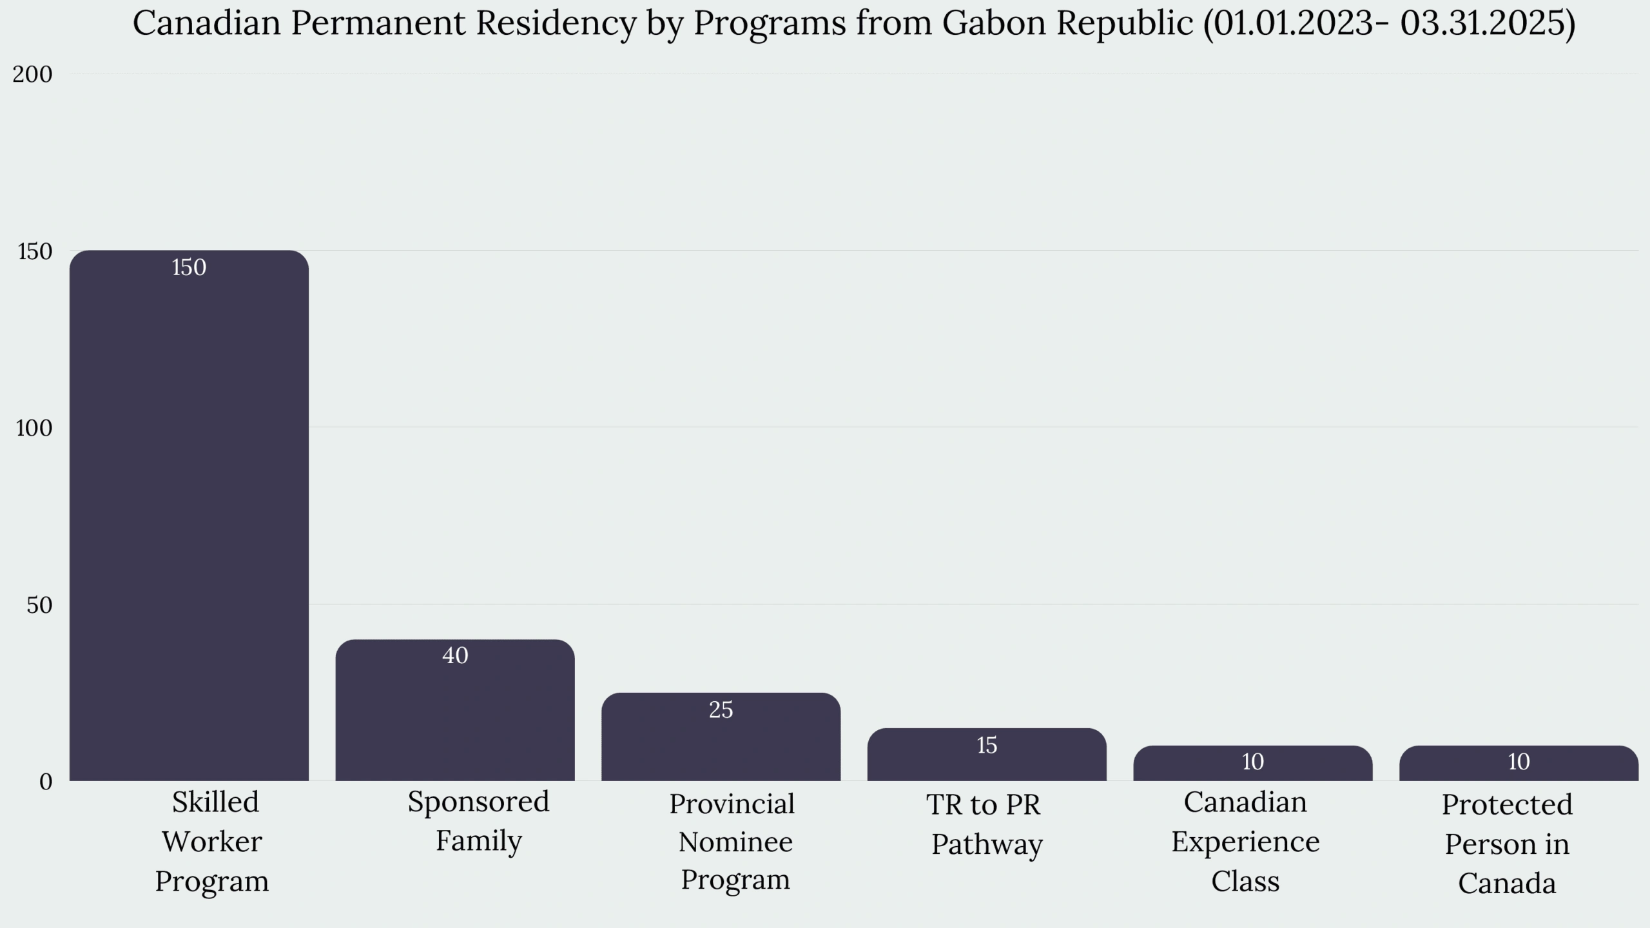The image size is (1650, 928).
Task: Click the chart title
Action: point(854,23)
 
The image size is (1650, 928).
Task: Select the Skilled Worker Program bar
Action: point(189,516)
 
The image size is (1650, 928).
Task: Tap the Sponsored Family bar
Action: point(455,710)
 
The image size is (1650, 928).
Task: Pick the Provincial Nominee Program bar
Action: point(721,737)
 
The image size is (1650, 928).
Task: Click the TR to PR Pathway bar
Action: point(987,755)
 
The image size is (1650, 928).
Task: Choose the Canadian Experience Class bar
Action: point(1253,763)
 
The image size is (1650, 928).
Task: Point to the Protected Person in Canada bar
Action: point(1519,763)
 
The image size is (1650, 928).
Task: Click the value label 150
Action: point(189,267)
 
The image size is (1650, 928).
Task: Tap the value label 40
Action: point(455,656)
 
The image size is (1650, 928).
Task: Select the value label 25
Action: point(721,710)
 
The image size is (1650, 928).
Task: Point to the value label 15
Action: point(987,746)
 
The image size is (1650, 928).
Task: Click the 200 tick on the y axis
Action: point(32,74)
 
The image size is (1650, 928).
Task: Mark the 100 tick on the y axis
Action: point(34,428)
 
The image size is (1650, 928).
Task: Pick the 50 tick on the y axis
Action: point(39,605)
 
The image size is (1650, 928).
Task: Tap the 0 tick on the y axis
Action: point(46,782)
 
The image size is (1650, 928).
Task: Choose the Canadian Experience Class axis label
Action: point(1245,842)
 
